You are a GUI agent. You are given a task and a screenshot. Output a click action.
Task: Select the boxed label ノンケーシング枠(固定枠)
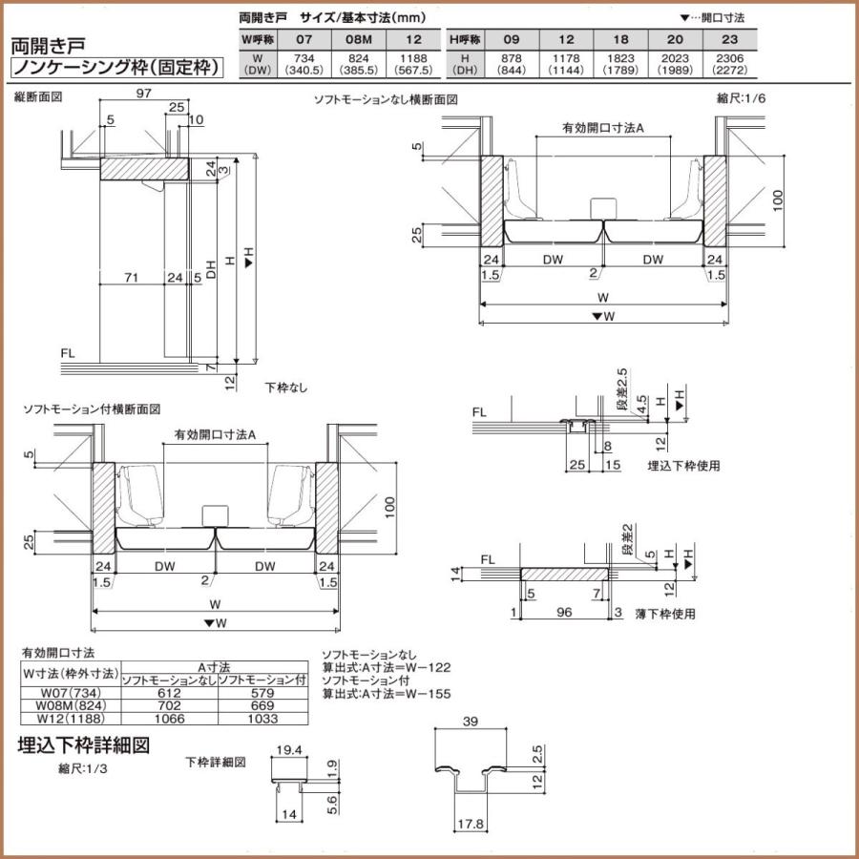click(x=117, y=68)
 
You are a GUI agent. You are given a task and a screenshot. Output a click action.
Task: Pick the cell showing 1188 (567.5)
click(x=413, y=63)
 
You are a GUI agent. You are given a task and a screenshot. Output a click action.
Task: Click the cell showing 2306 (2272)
click(x=729, y=63)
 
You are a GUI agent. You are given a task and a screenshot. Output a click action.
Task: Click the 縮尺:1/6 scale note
click(x=741, y=98)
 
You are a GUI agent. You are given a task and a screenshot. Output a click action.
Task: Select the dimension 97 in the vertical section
click(x=144, y=93)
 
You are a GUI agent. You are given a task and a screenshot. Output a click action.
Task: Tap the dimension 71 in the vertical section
click(x=132, y=278)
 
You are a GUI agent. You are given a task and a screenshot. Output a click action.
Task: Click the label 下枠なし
click(x=286, y=388)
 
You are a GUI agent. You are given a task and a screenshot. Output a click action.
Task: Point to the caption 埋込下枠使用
click(x=682, y=466)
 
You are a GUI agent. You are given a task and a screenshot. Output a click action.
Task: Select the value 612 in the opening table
click(x=168, y=692)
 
